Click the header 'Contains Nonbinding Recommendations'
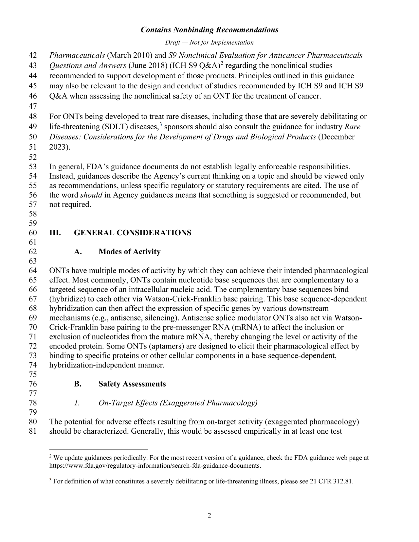click(209, 30)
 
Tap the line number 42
click(33, 55)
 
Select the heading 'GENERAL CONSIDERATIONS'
click(133, 233)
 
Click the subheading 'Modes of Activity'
click(129, 252)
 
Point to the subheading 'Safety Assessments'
click(132, 384)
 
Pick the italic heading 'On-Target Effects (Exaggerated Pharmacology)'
click(178, 403)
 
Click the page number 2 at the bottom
click(209, 516)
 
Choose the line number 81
click(33, 431)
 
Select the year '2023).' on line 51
click(60, 147)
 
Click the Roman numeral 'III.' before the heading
click(55, 233)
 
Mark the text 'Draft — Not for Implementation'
click(209, 43)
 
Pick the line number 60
click(33, 233)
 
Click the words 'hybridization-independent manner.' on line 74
click(107, 365)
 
